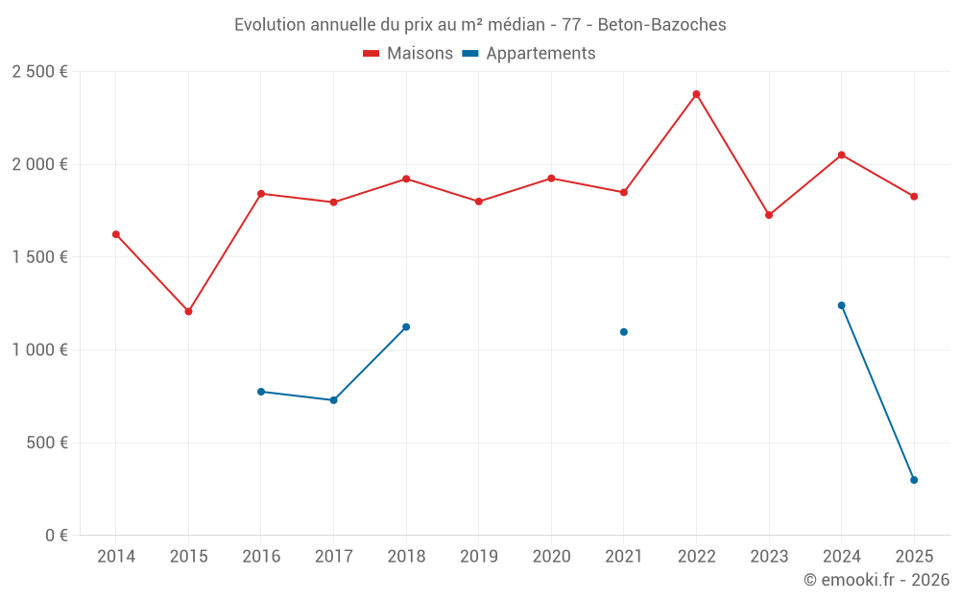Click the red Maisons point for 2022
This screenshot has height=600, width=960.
click(x=696, y=94)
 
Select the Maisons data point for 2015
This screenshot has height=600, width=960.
click(x=188, y=311)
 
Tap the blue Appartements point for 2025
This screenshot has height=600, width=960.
click(x=914, y=480)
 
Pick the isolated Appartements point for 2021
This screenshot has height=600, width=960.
click(x=624, y=332)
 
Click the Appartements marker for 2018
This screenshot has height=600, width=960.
click(x=406, y=327)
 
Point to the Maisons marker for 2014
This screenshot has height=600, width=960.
click(x=116, y=234)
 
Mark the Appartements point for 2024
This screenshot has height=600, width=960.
click(x=841, y=305)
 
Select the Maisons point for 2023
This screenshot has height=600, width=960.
click(x=769, y=215)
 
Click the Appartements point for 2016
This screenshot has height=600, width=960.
click(x=261, y=392)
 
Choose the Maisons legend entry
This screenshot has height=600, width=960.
click(x=408, y=54)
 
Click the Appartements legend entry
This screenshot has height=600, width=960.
click(x=529, y=54)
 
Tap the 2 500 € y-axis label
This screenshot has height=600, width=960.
click(x=39, y=72)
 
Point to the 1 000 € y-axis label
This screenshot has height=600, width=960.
click(x=39, y=350)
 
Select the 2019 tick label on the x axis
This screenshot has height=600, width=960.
click(x=478, y=557)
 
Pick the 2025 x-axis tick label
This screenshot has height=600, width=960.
click(x=914, y=557)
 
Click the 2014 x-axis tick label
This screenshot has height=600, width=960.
click(x=116, y=557)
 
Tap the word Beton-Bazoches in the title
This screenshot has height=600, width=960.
click(x=661, y=24)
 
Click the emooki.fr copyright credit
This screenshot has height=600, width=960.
click(x=876, y=580)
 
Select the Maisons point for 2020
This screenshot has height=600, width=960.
click(x=551, y=179)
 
